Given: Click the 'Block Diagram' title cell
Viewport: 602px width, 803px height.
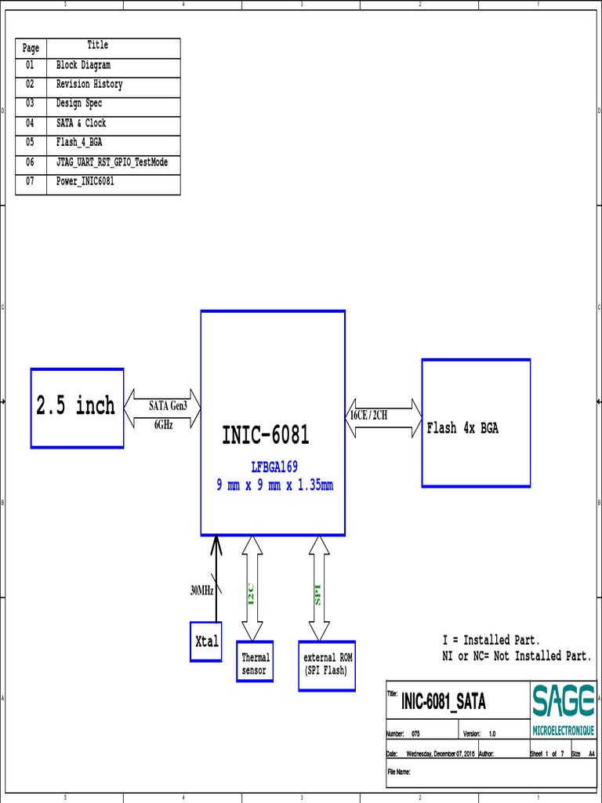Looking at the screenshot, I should click(x=83, y=66).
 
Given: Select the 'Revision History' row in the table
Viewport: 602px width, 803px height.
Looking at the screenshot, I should click(x=89, y=85).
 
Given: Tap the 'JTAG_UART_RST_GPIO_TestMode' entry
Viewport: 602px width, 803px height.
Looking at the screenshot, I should click(x=112, y=162).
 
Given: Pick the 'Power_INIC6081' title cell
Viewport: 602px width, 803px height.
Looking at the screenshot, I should click(x=85, y=182).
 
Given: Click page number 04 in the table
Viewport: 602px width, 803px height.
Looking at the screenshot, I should click(x=30, y=124).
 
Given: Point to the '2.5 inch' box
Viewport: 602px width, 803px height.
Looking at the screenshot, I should click(x=77, y=407).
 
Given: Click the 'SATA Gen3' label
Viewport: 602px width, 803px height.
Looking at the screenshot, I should click(x=169, y=406).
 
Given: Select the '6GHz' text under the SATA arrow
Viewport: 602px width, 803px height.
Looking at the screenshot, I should click(x=163, y=424).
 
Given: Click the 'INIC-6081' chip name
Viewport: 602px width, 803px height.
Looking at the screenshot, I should click(x=266, y=435).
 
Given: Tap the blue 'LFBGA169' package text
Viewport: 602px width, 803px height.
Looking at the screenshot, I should click(x=274, y=467).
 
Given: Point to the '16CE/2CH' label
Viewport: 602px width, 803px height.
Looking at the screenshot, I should click(x=368, y=415).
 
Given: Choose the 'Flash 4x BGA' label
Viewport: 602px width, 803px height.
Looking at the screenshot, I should click(x=462, y=428).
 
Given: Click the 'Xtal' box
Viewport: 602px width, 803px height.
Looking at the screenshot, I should click(x=206, y=641).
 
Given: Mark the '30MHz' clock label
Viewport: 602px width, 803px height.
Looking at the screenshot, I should click(x=201, y=590).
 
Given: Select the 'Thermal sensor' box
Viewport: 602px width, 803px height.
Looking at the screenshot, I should click(x=255, y=664).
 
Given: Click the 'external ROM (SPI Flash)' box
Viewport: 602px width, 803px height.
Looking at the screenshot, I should click(x=326, y=665).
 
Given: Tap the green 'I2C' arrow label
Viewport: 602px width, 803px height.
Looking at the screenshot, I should click(x=252, y=594).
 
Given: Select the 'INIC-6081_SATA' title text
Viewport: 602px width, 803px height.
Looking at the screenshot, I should click(x=443, y=703).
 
